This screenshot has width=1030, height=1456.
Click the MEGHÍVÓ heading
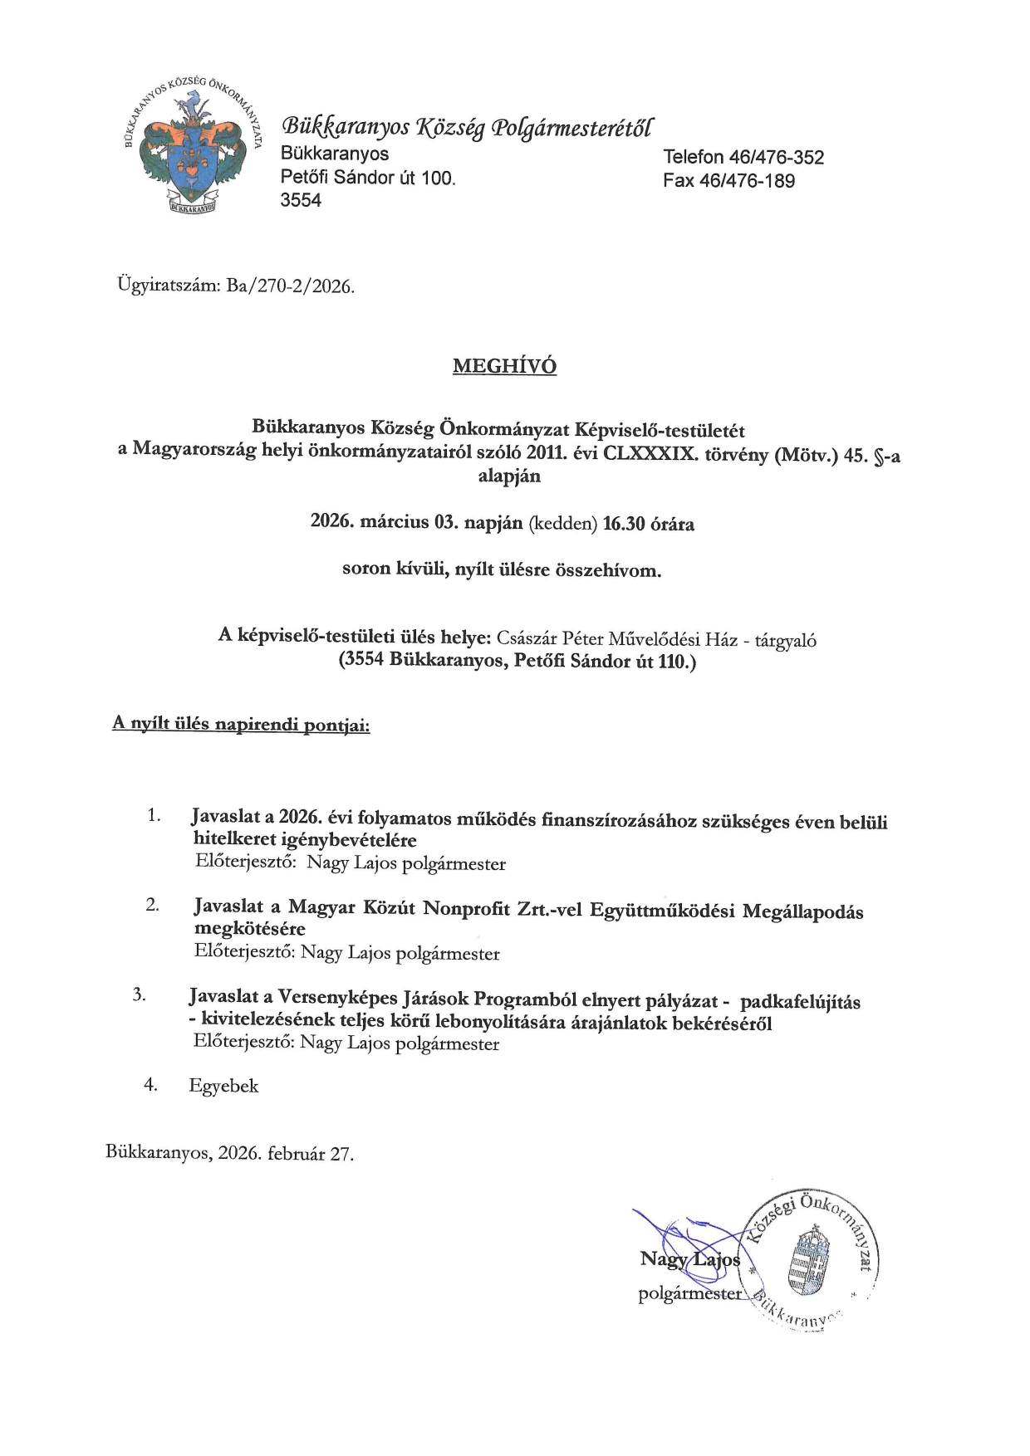(x=504, y=366)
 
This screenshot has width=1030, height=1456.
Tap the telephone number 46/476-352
(x=776, y=158)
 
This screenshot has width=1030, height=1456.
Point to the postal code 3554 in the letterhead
(x=301, y=200)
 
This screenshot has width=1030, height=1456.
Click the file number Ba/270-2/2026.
(x=290, y=287)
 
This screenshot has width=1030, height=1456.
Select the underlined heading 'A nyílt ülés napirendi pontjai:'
(x=241, y=725)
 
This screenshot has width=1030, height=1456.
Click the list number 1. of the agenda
(x=154, y=815)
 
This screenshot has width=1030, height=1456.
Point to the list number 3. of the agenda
(x=140, y=994)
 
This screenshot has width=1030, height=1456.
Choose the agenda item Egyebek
(x=223, y=1086)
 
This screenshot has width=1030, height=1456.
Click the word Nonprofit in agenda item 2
(x=467, y=908)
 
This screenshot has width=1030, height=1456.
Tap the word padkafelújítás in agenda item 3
(x=800, y=1002)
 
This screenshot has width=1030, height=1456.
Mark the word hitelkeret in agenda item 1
(x=233, y=840)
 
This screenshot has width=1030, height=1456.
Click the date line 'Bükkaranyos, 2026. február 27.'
(x=229, y=1154)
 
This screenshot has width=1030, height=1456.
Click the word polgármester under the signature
(x=689, y=1293)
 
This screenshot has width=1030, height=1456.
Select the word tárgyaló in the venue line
(x=785, y=640)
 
